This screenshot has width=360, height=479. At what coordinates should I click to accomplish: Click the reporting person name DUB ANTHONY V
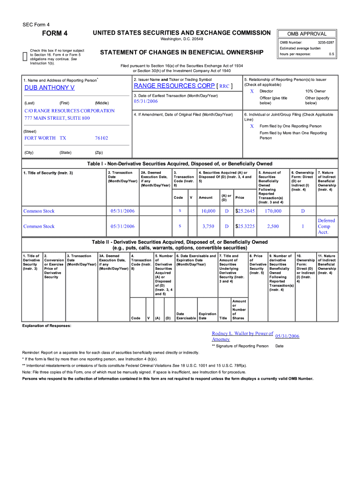(x=49, y=87)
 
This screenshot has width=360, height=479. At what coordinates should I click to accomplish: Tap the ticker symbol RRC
(x=224, y=87)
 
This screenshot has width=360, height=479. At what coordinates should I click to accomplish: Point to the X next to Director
(x=252, y=91)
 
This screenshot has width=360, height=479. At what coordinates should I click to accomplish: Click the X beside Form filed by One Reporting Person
(x=252, y=126)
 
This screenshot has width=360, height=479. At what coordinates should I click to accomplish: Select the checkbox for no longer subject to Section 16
(x=25, y=57)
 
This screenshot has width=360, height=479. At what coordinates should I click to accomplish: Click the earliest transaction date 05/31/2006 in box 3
(x=146, y=101)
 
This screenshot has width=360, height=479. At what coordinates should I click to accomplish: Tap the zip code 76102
(x=101, y=138)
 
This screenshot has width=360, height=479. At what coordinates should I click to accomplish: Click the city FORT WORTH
(x=40, y=138)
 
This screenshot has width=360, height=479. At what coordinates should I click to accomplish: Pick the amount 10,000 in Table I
(x=208, y=211)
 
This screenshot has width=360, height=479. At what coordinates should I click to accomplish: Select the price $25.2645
(x=245, y=211)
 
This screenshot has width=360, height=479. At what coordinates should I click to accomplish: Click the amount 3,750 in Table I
(x=208, y=226)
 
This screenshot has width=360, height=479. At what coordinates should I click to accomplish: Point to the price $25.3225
(x=245, y=226)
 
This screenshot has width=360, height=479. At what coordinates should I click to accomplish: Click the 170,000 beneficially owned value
(x=273, y=211)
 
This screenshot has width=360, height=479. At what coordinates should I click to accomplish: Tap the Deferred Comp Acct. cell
(x=326, y=226)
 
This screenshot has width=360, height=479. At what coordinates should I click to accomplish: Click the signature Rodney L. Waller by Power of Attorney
(x=242, y=336)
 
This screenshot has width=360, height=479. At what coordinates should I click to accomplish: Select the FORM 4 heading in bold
(x=55, y=33)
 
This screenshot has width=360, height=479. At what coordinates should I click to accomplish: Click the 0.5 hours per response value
(x=331, y=54)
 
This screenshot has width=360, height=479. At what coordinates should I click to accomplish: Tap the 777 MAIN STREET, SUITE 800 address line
(x=57, y=118)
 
